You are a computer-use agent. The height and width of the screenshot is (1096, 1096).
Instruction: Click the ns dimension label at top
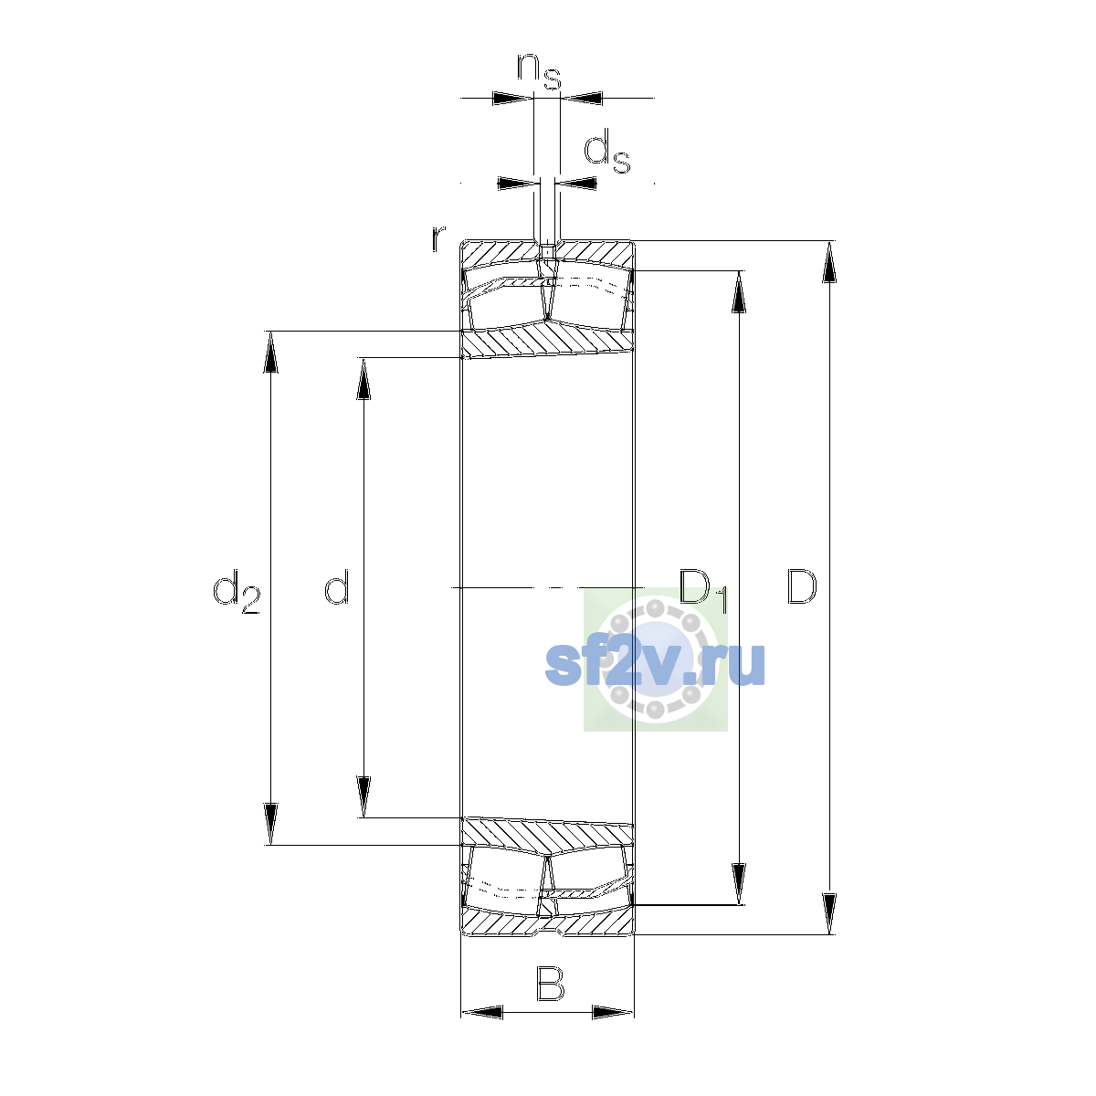pyautogui.click(x=539, y=71)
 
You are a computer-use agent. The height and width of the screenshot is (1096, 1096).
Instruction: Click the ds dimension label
pyautogui.click(x=607, y=151)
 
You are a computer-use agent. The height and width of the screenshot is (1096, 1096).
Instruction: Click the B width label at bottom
pyautogui.click(x=550, y=984)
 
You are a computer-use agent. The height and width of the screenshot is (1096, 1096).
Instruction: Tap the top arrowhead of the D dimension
pyautogui.click(x=829, y=261)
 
